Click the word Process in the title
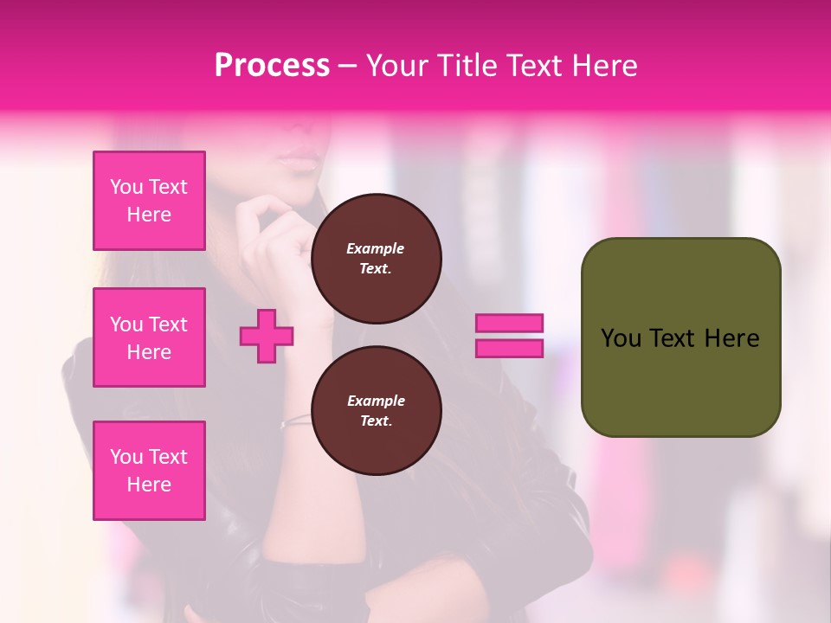pyautogui.click(x=272, y=66)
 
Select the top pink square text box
pyautogui.click(x=149, y=201)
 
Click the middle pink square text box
pyautogui.click(x=149, y=337)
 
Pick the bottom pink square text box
pyautogui.click(x=149, y=471)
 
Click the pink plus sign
pyautogui.click(x=267, y=337)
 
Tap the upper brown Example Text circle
pyautogui.click(x=376, y=259)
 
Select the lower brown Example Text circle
pyautogui.click(x=376, y=411)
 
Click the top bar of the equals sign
pyautogui.click(x=509, y=324)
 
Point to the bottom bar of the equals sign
pyautogui.click(x=509, y=349)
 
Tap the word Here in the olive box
pyautogui.click(x=731, y=338)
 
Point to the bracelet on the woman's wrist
pyautogui.click(x=295, y=421)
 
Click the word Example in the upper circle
pyautogui.click(x=376, y=248)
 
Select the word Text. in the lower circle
pyautogui.click(x=376, y=421)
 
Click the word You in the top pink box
pyautogui.click(x=126, y=187)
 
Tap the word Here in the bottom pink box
pyautogui.click(x=149, y=485)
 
